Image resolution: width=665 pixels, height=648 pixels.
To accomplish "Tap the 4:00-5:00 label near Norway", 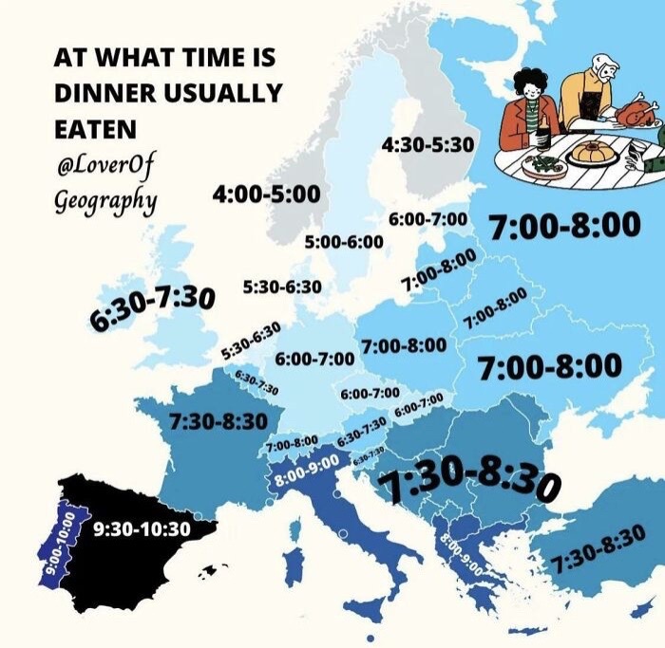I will (266, 194).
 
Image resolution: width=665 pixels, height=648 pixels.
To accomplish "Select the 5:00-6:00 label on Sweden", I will (343, 242).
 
